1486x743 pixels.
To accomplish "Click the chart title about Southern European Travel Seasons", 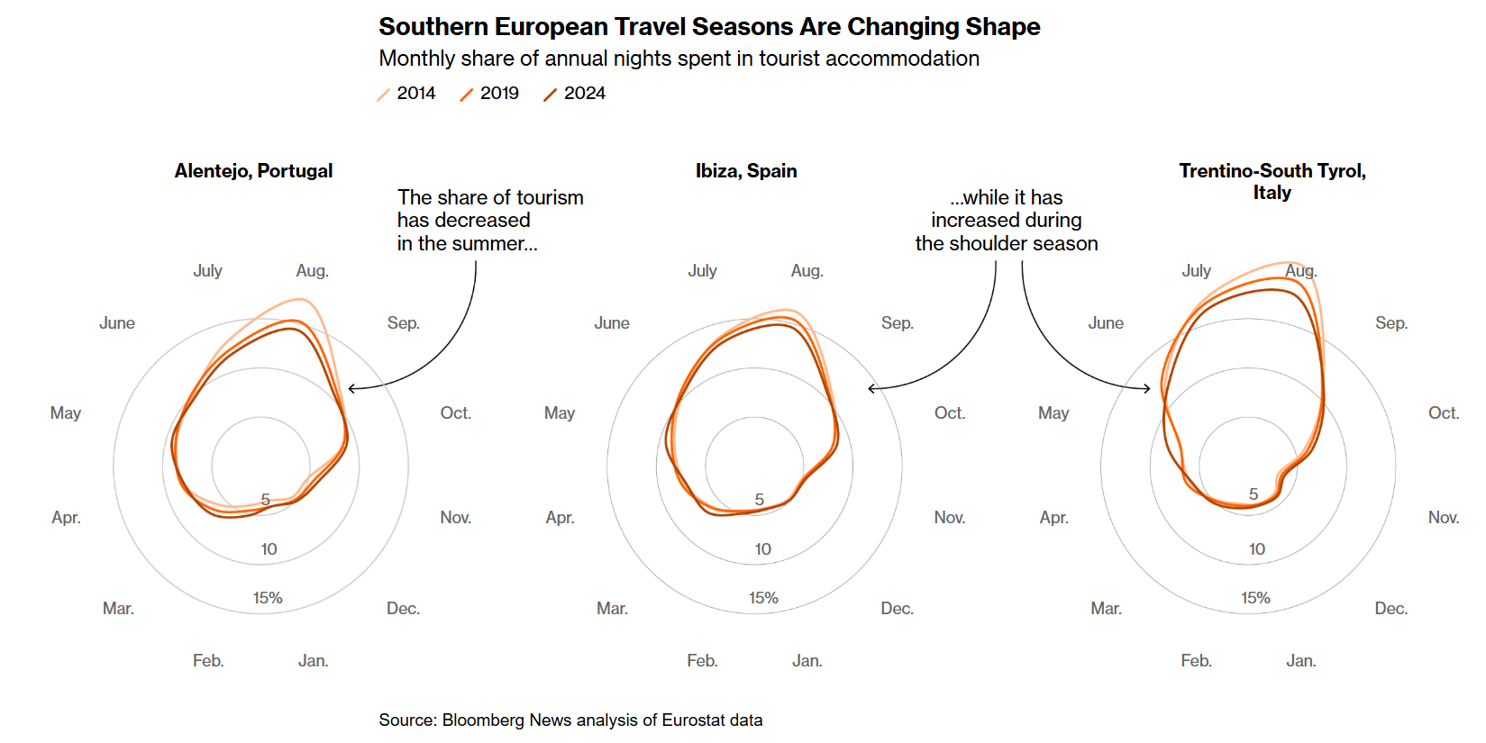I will point(709,27).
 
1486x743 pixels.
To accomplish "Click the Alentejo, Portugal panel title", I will point(253,171).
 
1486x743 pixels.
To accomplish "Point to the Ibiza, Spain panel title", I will point(746,171).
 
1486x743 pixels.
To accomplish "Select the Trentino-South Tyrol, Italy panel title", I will point(1272,181).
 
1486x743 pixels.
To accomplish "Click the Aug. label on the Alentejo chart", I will point(312,271).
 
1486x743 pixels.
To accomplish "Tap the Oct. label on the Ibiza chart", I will point(949,413).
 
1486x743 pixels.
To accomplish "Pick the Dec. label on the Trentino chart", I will point(1390,609).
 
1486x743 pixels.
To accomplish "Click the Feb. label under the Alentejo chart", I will point(208,661).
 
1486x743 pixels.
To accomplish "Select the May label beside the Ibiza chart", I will point(560,413).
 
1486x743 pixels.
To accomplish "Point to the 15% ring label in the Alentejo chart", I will point(268,598).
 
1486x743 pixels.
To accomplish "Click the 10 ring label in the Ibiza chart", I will point(763,549).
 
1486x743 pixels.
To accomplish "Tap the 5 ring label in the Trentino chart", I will point(1254,494).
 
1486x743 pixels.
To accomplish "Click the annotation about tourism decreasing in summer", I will point(490,221).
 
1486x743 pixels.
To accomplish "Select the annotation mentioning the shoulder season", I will point(1007,221).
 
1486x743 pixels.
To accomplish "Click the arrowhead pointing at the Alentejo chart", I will point(351,388).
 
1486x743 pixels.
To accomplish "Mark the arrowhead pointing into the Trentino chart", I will point(1148,388).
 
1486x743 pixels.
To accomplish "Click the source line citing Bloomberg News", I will point(570,720).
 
